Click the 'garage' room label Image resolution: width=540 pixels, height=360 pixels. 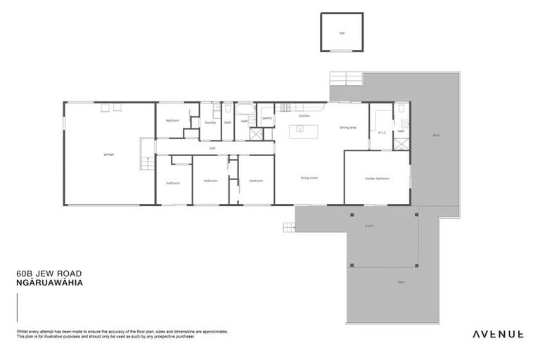tap(108, 155)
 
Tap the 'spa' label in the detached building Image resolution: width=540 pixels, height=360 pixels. tap(342, 33)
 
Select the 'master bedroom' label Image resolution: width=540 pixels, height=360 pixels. tap(377, 178)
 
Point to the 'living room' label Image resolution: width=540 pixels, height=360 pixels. tap(309, 178)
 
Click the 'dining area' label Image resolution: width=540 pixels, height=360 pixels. tap(348, 128)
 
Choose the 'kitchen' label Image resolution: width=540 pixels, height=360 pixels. tap(304, 115)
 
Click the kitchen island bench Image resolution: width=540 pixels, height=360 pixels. tap(303, 129)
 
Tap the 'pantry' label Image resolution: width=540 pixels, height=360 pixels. tap(267, 118)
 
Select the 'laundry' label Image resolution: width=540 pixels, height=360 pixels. tap(210, 122)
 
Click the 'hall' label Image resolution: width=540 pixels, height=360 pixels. tap(212, 148)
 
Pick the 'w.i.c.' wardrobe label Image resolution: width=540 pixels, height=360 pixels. tap(382, 131)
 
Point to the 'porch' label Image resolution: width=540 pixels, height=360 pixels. tap(370, 226)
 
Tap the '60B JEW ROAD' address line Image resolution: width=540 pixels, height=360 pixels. tap(43, 276)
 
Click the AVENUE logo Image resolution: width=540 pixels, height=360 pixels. tap(496, 334)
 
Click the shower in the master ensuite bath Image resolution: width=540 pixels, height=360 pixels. tap(401, 143)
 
